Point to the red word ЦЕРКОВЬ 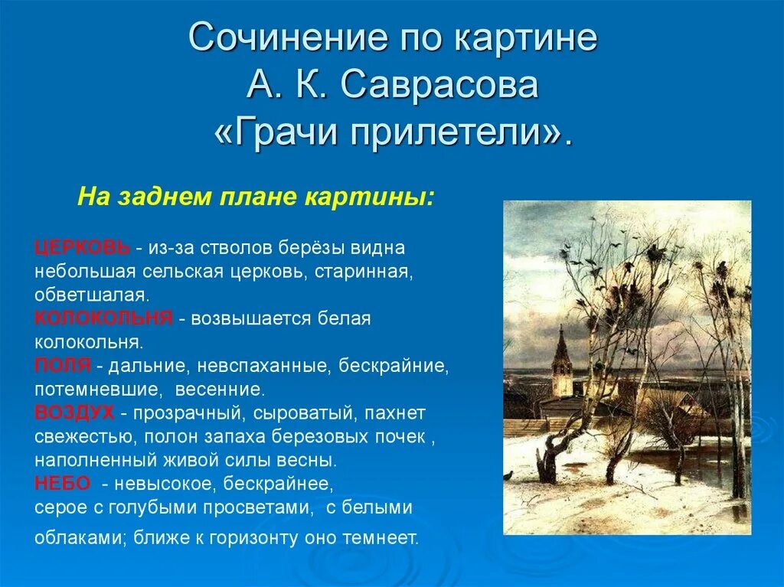click(83, 247)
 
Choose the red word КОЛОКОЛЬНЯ click(103, 318)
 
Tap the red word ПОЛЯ click(63, 366)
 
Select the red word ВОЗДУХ click(74, 413)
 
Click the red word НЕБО click(63, 484)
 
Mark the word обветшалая click(92, 295)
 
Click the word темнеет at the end click(380, 537)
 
